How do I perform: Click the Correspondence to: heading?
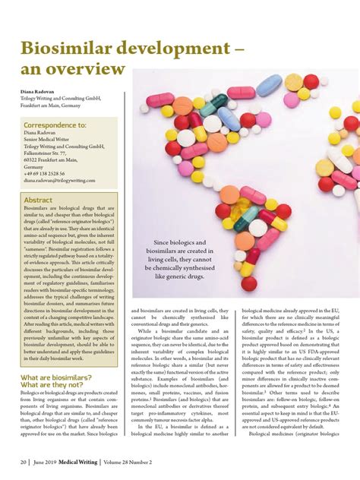[55, 125]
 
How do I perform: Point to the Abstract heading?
[38, 200]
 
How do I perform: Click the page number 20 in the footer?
[24, 460]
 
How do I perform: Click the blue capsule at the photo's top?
[269, 85]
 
